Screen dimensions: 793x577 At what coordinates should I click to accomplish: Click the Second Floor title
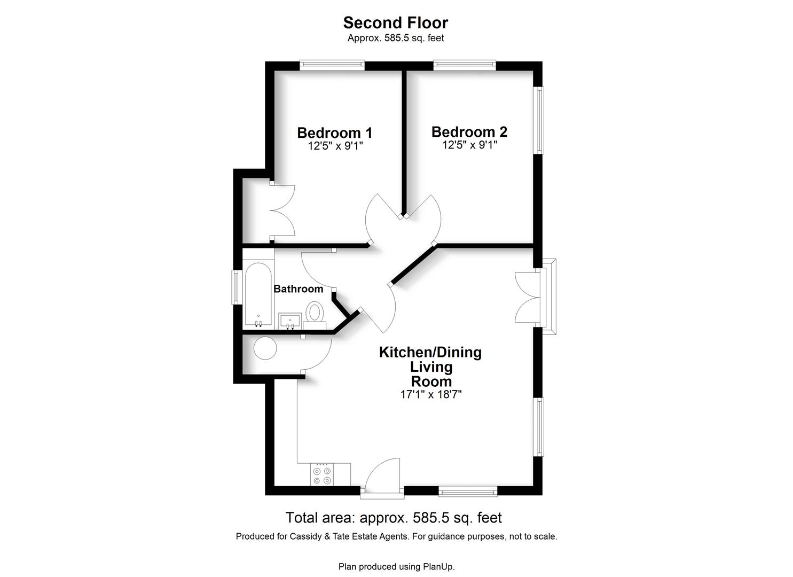click(x=396, y=23)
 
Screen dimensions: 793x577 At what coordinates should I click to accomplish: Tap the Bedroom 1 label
click(x=334, y=133)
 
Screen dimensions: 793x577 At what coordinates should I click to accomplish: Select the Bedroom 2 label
click(x=469, y=132)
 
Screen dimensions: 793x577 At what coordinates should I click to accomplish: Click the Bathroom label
click(x=298, y=288)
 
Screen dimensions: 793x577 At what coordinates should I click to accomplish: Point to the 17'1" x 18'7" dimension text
click(x=431, y=394)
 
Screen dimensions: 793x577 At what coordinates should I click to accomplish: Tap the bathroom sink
click(x=290, y=321)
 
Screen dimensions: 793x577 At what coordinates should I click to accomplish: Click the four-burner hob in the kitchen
click(x=322, y=474)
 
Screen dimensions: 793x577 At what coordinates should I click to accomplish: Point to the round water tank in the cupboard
click(x=265, y=348)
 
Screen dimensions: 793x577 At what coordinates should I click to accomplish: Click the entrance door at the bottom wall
click(x=382, y=478)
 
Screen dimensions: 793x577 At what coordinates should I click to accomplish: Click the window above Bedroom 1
click(x=332, y=65)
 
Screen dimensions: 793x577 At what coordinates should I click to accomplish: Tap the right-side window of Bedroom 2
click(x=538, y=120)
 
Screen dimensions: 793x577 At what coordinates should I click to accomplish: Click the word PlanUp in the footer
click(x=439, y=567)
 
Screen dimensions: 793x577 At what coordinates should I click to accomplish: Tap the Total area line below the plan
click(x=394, y=518)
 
